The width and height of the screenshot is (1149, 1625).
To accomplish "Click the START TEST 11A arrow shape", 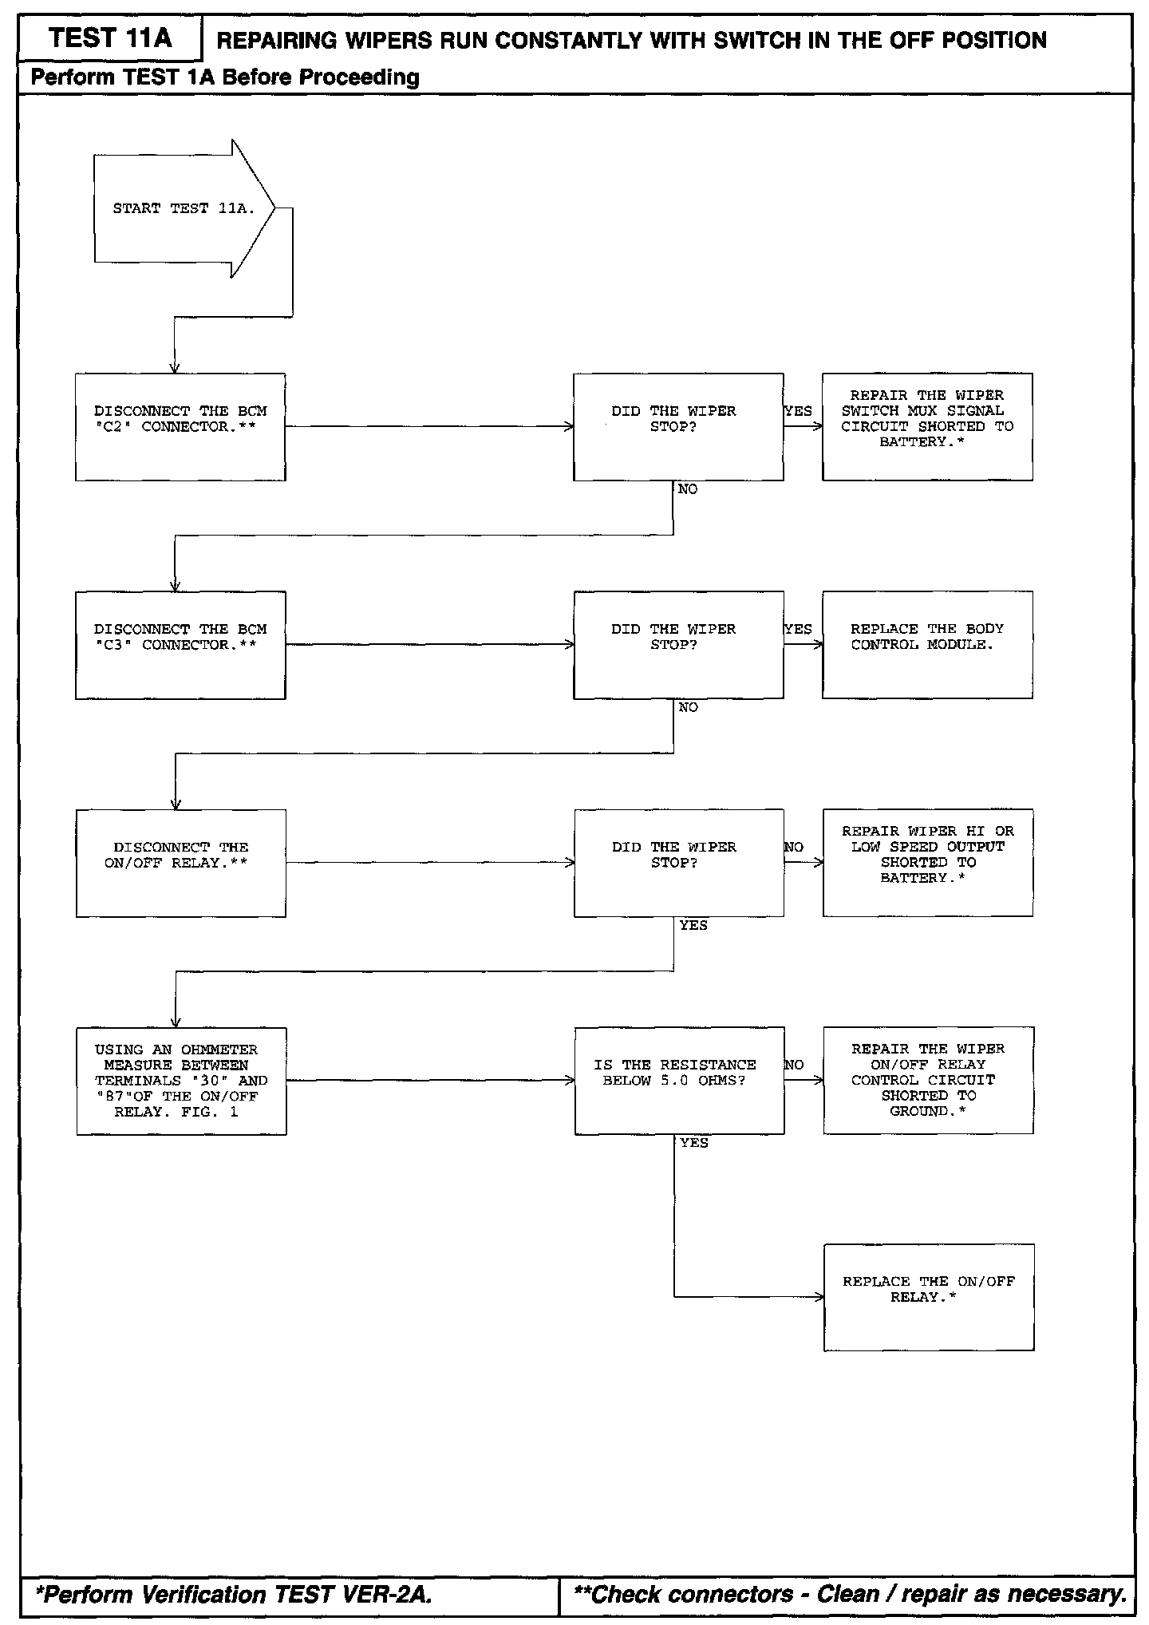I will [184, 208].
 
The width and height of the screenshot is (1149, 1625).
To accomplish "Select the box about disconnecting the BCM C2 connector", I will [180, 427].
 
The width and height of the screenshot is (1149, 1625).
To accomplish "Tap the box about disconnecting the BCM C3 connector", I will [180, 645].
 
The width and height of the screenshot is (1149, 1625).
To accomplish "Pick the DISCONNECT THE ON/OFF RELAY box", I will [180, 863].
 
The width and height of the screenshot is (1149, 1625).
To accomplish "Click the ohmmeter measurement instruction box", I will [181, 1081].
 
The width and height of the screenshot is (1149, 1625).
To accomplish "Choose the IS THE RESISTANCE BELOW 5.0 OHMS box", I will [679, 1081].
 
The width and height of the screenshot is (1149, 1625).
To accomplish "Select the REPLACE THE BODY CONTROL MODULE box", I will [927, 645].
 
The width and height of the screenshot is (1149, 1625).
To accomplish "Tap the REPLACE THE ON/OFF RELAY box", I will [929, 1297].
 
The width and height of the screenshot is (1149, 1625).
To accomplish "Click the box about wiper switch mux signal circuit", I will [927, 427].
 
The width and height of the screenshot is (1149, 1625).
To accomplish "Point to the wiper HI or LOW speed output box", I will [928, 863].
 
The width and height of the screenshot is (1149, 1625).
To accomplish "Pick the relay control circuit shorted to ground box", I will [928, 1081].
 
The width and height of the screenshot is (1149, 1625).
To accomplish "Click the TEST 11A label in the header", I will [110, 38].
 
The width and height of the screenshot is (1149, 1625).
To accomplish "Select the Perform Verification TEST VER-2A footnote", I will [235, 1594].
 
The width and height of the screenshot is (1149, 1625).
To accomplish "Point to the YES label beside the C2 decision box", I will [798, 412].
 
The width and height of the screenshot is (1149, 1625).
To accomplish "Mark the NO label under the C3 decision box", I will [688, 708].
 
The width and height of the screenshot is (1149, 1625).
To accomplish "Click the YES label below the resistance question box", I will [693, 1143].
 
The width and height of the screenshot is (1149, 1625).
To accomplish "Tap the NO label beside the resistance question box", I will [794, 1065].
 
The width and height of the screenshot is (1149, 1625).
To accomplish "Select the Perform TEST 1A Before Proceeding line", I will [225, 77].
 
